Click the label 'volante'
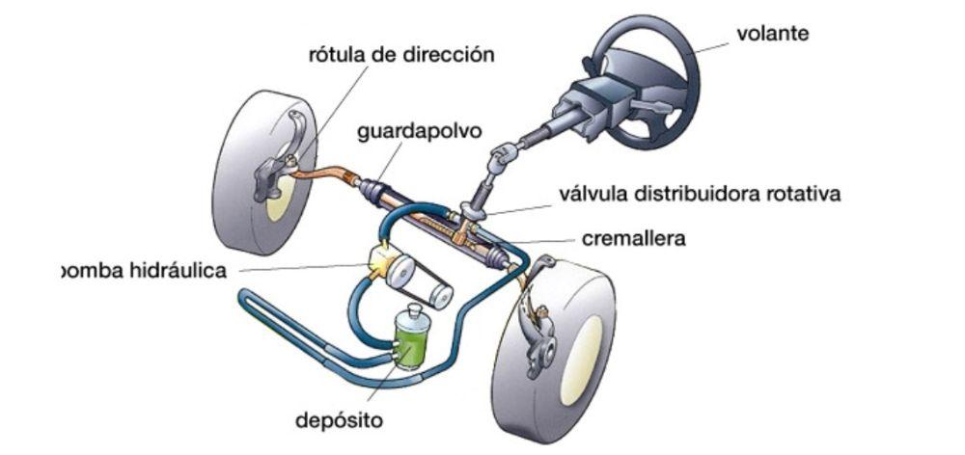(772, 34)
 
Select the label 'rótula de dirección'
(400, 56)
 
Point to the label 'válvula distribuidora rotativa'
(700, 194)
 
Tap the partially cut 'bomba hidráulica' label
(145, 271)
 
